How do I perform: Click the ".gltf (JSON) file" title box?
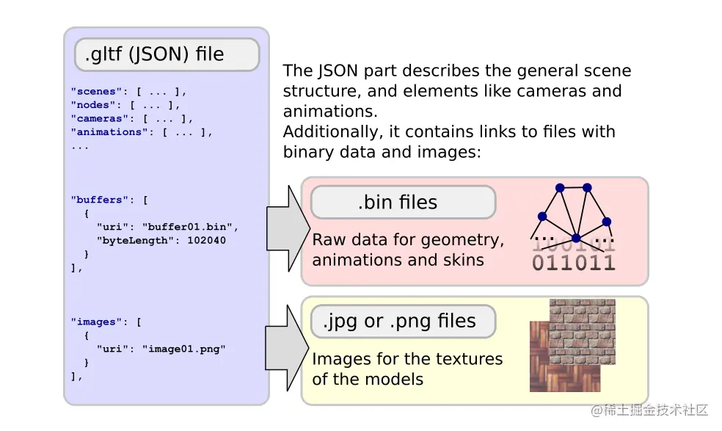pos(167,55)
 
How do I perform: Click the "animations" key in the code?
pos(109,132)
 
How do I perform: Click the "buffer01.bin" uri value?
pos(190,227)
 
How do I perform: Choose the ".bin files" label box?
pos(403,202)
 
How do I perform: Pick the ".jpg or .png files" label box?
pos(403,321)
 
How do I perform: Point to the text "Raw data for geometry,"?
pos(408,240)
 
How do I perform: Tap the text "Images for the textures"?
pos(407,359)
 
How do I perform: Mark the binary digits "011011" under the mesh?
pos(573,263)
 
